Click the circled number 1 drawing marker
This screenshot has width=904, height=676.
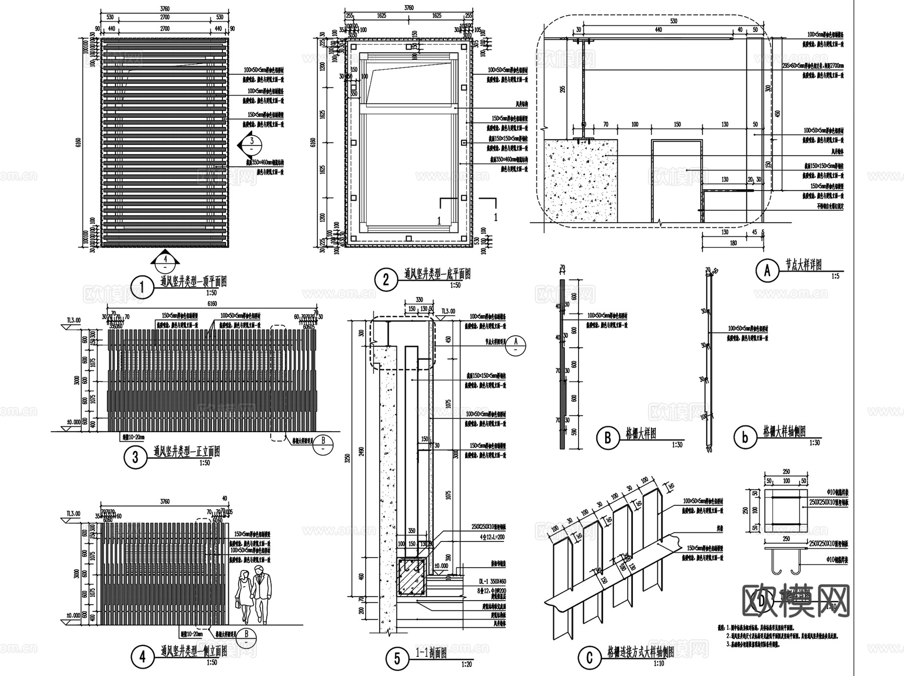tap(142, 288)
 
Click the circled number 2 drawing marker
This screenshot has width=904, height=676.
tap(386, 279)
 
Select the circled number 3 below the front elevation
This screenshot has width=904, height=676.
tap(135, 458)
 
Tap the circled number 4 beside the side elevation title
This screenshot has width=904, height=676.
tap(142, 656)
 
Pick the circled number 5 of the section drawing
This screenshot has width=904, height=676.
tap(397, 658)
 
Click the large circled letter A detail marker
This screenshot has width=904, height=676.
tap(767, 271)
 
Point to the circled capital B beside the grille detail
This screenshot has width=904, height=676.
tap(607, 438)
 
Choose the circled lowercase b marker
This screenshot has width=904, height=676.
tap(744, 438)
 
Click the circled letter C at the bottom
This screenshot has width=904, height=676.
tap(590, 658)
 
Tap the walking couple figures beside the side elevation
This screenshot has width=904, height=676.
tap(253, 594)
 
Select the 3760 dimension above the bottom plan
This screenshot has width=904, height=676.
tap(408, 8)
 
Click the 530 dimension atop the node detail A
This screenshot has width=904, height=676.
tap(673, 21)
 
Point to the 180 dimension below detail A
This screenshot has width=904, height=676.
tap(733, 243)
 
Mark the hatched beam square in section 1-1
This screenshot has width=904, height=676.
tap(411, 576)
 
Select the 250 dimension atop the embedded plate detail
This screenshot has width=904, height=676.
tap(786, 472)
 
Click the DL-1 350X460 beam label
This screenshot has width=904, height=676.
tap(492, 582)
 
